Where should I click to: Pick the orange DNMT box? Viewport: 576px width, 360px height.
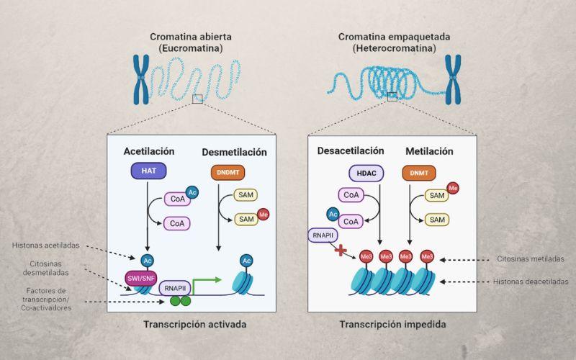(420, 173)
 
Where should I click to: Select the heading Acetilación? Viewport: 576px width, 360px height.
(149, 152)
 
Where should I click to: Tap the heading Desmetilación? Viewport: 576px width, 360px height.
(235, 152)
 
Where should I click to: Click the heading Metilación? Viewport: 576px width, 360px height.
(429, 151)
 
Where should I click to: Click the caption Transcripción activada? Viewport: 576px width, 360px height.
(194, 325)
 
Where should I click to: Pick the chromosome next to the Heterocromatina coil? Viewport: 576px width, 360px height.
(453, 78)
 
